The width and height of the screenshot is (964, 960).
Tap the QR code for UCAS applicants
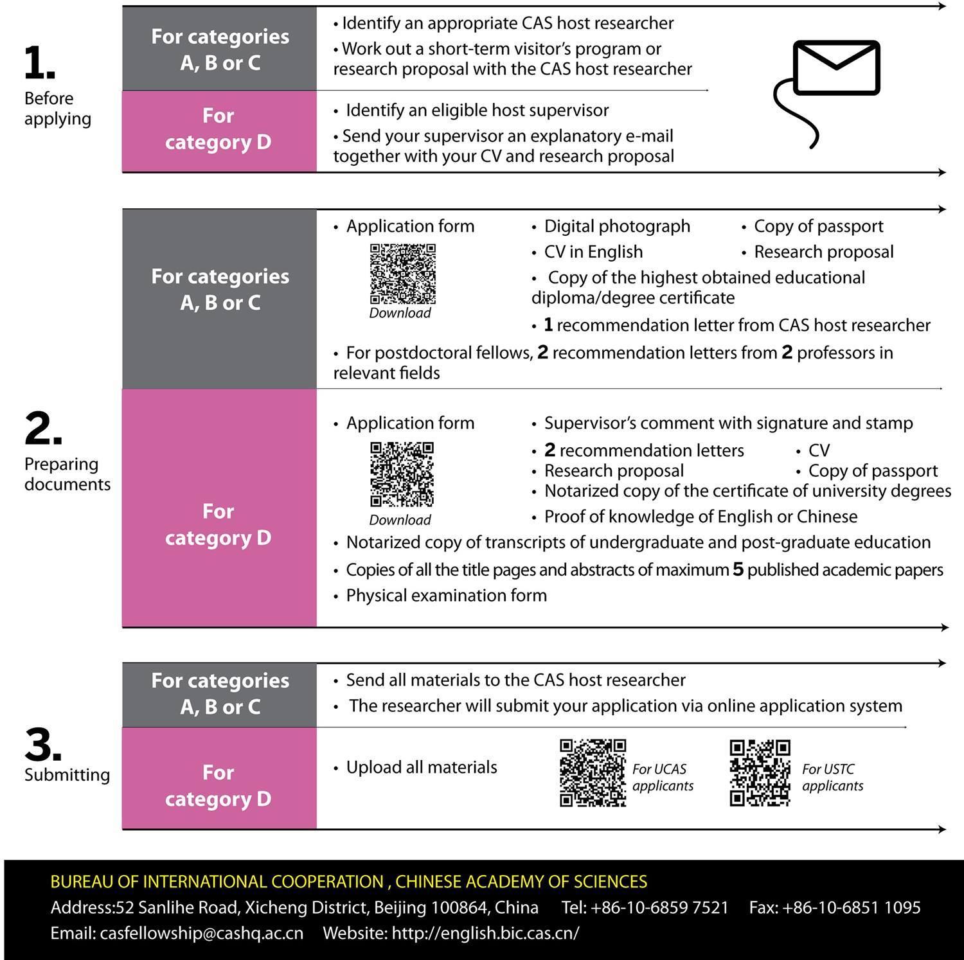tap(593, 773)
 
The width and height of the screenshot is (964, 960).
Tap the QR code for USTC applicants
tap(760, 773)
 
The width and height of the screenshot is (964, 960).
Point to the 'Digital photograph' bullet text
tap(617, 226)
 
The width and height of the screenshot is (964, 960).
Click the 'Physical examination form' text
tap(446, 596)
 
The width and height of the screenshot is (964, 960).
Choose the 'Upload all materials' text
tap(422, 767)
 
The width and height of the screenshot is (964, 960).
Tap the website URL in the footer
tap(485, 933)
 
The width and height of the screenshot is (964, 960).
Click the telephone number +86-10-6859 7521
tap(659, 907)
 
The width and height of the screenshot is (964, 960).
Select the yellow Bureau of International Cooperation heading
tap(349, 882)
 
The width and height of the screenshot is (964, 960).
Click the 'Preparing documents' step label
tap(67, 474)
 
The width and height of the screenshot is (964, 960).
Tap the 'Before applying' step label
tap(57, 109)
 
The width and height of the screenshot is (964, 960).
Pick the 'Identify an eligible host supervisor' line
tap(477, 111)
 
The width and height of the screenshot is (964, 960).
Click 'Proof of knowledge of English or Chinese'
tap(701, 517)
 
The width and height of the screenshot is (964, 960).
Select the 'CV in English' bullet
tap(593, 252)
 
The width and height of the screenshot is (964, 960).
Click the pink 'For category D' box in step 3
tap(219, 785)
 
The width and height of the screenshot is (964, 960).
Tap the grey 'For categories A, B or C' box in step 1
tap(219, 49)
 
